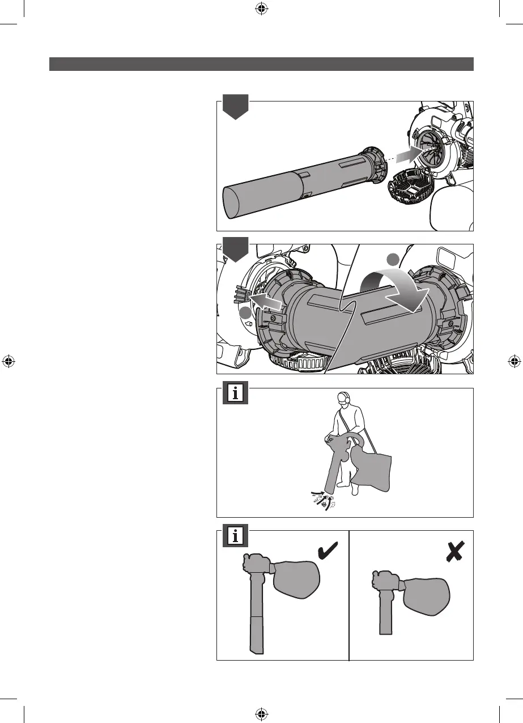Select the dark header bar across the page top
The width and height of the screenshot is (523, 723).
coord(261,64)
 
